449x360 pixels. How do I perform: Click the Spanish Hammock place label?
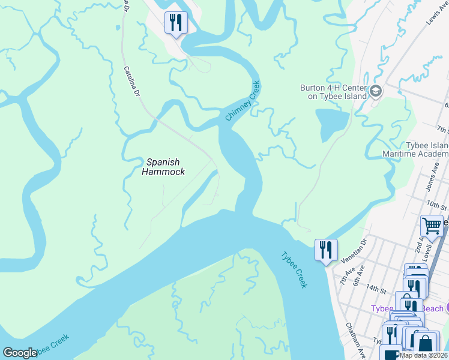pyautogui.click(x=164, y=166)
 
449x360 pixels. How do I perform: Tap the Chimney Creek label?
pyautogui.click(x=243, y=101)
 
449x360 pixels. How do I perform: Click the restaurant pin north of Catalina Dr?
pyautogui.click(x=176, y=23)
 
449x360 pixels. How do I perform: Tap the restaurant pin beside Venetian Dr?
pyautogui.click(x=326, y=250)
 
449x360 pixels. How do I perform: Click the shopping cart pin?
pyautogui.click(x=432, y=227)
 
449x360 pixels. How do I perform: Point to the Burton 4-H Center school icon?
pyautogui.click(x=376, y=91)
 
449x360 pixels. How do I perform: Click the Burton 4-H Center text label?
pyautogui.click(x=333, y=91)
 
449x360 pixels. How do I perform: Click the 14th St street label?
pyautogui.click(x=378, y=289)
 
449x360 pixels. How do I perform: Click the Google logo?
pyautogui.click(x=20, y=352)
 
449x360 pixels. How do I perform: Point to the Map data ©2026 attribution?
pyautogui.click(x=423, y=355)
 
